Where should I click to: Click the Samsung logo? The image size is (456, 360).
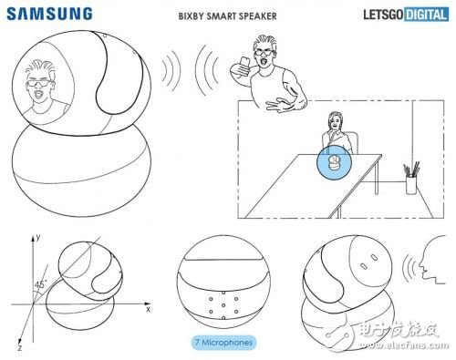[x=49, y=14]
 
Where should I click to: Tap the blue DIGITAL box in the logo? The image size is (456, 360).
[x=427, y=15]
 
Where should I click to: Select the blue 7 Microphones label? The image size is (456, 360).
[x=223, y=343]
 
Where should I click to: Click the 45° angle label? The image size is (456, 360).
[x=40, y=284]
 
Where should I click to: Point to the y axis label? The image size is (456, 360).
[x=38, y=237]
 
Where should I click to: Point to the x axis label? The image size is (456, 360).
[x=148, y=310]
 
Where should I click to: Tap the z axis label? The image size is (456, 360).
[x=20, y=347]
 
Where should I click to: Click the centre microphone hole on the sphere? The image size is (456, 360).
[x=223, y=305]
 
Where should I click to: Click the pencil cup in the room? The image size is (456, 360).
[x=411, y=185]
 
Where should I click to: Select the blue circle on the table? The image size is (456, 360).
[x=334, y=162]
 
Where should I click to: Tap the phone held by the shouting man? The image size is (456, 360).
[x=244, y=63]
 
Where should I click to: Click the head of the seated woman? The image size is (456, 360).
[x=335, y=120]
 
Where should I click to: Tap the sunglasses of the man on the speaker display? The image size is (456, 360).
[x=38, y=84]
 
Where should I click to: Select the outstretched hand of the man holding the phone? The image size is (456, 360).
[x=277, y=105]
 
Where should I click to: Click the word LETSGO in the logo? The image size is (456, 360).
[x=384, y=15]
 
